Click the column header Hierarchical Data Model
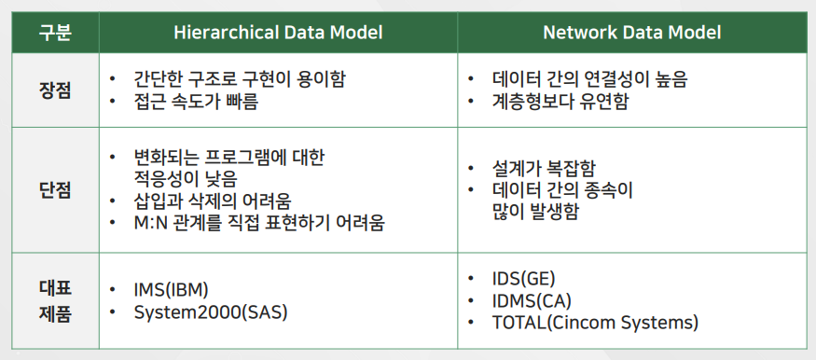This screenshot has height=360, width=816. pyautogui.click(x=278, y=33)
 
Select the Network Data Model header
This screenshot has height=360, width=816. pyautogui.click(x=632, y=33)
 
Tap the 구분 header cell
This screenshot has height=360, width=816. pyautogui.click(x=55, y=33)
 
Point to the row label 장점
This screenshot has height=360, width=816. pyautogui.click(x=55, y=90)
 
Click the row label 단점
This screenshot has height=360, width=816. pyautogui.click(x=55, y=190)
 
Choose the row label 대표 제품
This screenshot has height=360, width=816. pyautogui.click(x=55, y=300)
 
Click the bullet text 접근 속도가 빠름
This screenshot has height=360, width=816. pyautogui.click(x=196, y=103)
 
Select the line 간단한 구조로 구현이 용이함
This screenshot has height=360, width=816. pyautogui.click(x=240, y=80)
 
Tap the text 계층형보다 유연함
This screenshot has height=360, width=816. pyautogui.click(x=560, y=102)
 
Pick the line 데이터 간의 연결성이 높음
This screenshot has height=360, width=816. pyautogui.click(x=589, y=79)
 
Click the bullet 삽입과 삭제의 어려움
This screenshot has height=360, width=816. pyautogui.click(x=213, y=201)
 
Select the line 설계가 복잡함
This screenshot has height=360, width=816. pyautogui.click(x=544, y=169)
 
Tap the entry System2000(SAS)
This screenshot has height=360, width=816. pyautogui.click(x=211, y=312)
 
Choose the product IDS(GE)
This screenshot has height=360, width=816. pyautogui.click(x=523, y=279)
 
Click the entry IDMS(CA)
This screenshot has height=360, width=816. pyautogui.click(x=532, y=300)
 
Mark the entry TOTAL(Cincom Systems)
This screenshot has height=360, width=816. pyautogui.click(x=595, y=323)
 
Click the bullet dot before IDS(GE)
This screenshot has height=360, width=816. pyautogui.click(x=471, y=279)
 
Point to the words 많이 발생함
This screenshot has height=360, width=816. pyautogui.click(x=534, y=213)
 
